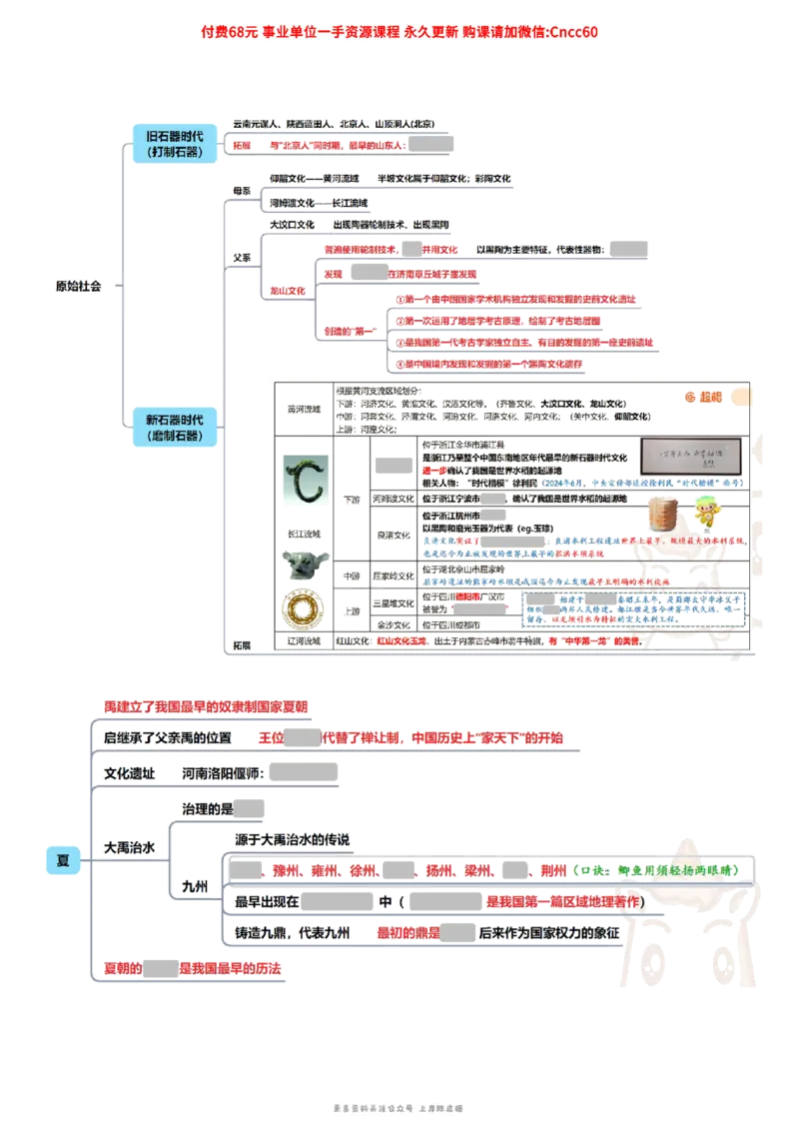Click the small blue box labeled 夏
(63, 859)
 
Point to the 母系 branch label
(241, 190)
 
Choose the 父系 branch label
(241, 257)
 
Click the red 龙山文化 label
(288, 291)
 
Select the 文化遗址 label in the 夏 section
(130, 773)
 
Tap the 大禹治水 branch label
(130, 847)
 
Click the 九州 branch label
(194, 886)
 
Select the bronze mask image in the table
(301, 566)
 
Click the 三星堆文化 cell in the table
(393, 603)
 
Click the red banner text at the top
(399, 32)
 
